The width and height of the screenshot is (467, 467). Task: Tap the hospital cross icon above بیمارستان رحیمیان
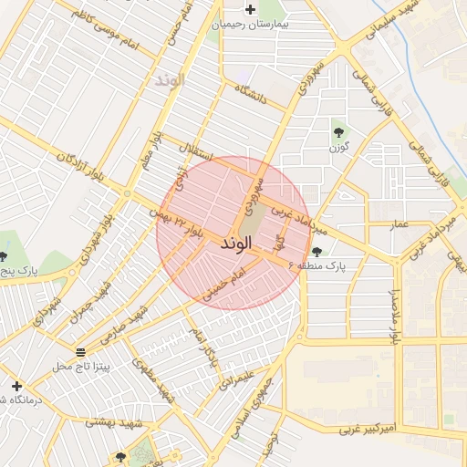[x=250, y=9]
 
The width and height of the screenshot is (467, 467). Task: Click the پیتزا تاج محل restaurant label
[x=80, y=366]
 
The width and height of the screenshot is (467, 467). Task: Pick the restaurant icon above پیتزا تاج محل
[x=80, y=352]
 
